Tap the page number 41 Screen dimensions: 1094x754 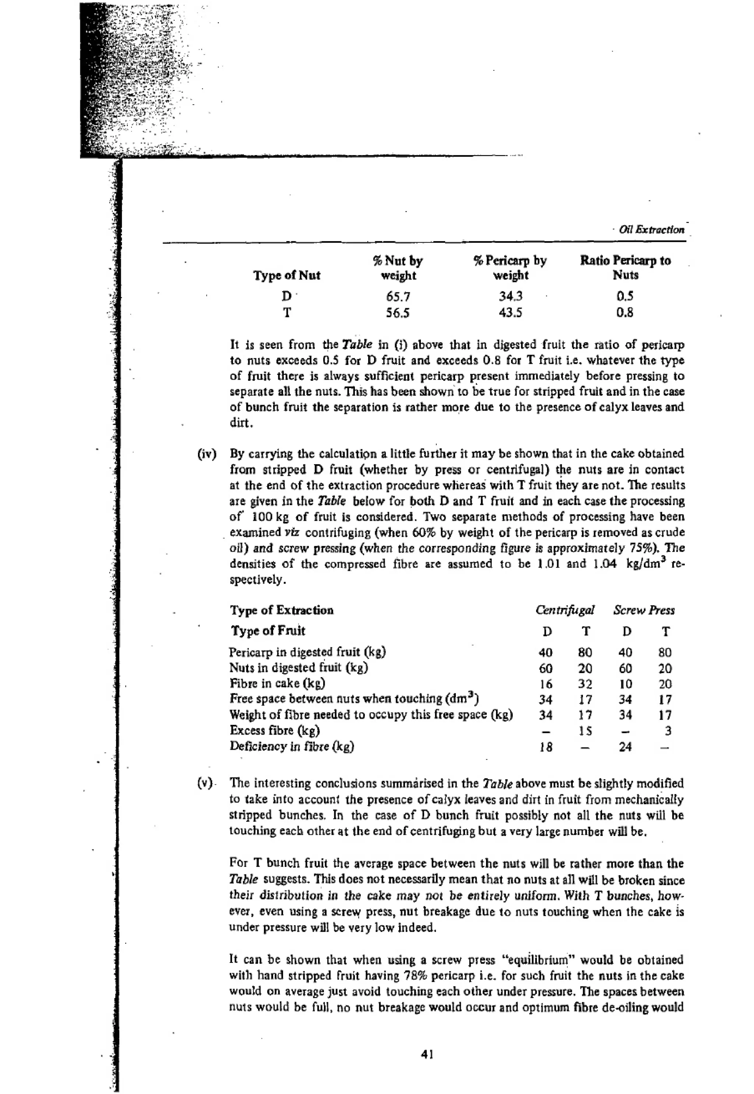(427, 1054)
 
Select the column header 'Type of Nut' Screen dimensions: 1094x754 (286, 275)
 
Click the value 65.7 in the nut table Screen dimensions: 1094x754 (398, 297)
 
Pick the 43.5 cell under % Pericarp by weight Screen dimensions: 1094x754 (510, 313)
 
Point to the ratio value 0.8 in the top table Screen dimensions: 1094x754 (624, 313)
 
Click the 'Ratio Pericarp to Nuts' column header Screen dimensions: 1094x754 (625, 268)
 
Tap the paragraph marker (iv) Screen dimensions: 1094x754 (207, 454)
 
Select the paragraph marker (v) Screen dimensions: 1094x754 (205, 783)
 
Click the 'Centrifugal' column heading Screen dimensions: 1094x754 (564, 610)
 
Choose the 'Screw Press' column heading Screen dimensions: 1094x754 (644, 610)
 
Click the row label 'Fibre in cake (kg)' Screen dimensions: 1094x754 (277, 683)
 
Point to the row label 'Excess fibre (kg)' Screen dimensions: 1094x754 (275, 730)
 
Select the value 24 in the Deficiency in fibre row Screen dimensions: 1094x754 (625, 747)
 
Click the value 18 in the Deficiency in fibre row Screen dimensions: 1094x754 (546, 747)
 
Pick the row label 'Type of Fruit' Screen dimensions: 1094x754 (268, 631)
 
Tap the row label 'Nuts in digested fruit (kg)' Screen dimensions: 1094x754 (299, 668)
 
